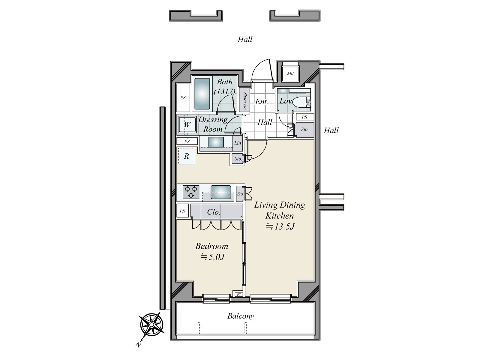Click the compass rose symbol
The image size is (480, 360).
pyautogui.click(x=152, y=325)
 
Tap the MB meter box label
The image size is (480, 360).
pyautogui.click(x=290, y=73)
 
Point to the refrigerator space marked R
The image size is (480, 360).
pyautogui.click(x=187, y=156)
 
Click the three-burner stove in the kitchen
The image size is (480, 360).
pyautogui.click(x=191, y=192)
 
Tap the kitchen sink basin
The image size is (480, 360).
pyautogui.click(x=221, y=192)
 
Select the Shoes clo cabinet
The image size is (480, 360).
pyautogui.click(x=245, y=100)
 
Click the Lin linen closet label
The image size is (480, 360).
pyautogui.click(x=238, y=143)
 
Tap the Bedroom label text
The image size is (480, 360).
pyautogui.click(x=211, y=246)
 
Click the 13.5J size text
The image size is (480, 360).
pyautogui.click(x=280, y=226)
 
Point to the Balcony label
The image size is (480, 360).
pyautogui.click(x=241, y=316)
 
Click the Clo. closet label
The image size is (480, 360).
pyautogui.click(x=214, y=212)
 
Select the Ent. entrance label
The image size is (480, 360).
pyautogui.click(x=261, y=102)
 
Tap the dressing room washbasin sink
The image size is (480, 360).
pyautogui.click(x=216, y=142)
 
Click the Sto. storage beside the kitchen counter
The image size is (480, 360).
pyautogui.click(x=240, y=194)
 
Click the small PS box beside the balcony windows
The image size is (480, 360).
pyautogui.click(x=239, y=295)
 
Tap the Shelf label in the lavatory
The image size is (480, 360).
pyautogui.click(x=308, y=103)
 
